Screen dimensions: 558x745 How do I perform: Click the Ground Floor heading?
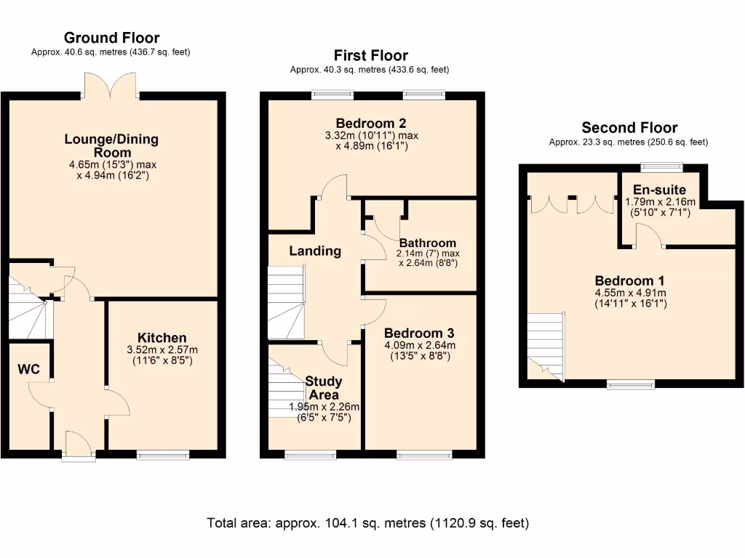pos(111,38)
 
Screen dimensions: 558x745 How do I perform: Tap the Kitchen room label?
pos(162,338)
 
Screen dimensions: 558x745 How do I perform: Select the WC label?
pos(28,369)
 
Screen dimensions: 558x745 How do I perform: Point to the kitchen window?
pos(163,455)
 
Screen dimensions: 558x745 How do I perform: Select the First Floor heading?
pos(370,55)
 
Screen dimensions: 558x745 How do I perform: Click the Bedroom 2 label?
pos(370,123)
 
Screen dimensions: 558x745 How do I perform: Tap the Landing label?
pos(315,251)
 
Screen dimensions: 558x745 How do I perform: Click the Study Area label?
pos(324,387)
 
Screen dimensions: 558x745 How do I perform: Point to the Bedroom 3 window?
pos(424,455)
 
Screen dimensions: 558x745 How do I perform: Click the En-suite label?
pos(659,190)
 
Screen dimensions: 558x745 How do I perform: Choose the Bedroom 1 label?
pos(629,281)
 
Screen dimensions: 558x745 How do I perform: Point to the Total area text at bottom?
pos(367,523)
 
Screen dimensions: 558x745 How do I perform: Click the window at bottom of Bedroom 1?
pos(630,384)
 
